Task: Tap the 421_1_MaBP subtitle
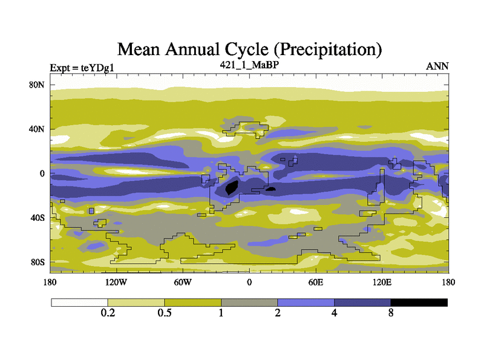[x=249, y=64]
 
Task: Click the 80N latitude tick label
[x=38, y=85]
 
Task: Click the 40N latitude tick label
[x=38, y=129]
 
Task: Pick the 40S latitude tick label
[x=38, y=218]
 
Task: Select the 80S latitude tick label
[x=38, y=262]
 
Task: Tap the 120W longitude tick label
[x=116, y=282]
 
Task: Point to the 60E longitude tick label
[x=316, y=282]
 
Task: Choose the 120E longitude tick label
[x=382, y=282]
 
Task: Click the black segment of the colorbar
[x=419, y=302]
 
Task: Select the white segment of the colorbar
[x=79, y=302]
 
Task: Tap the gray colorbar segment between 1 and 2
[x=249, y=302]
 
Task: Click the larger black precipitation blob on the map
[x=231, y=188]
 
